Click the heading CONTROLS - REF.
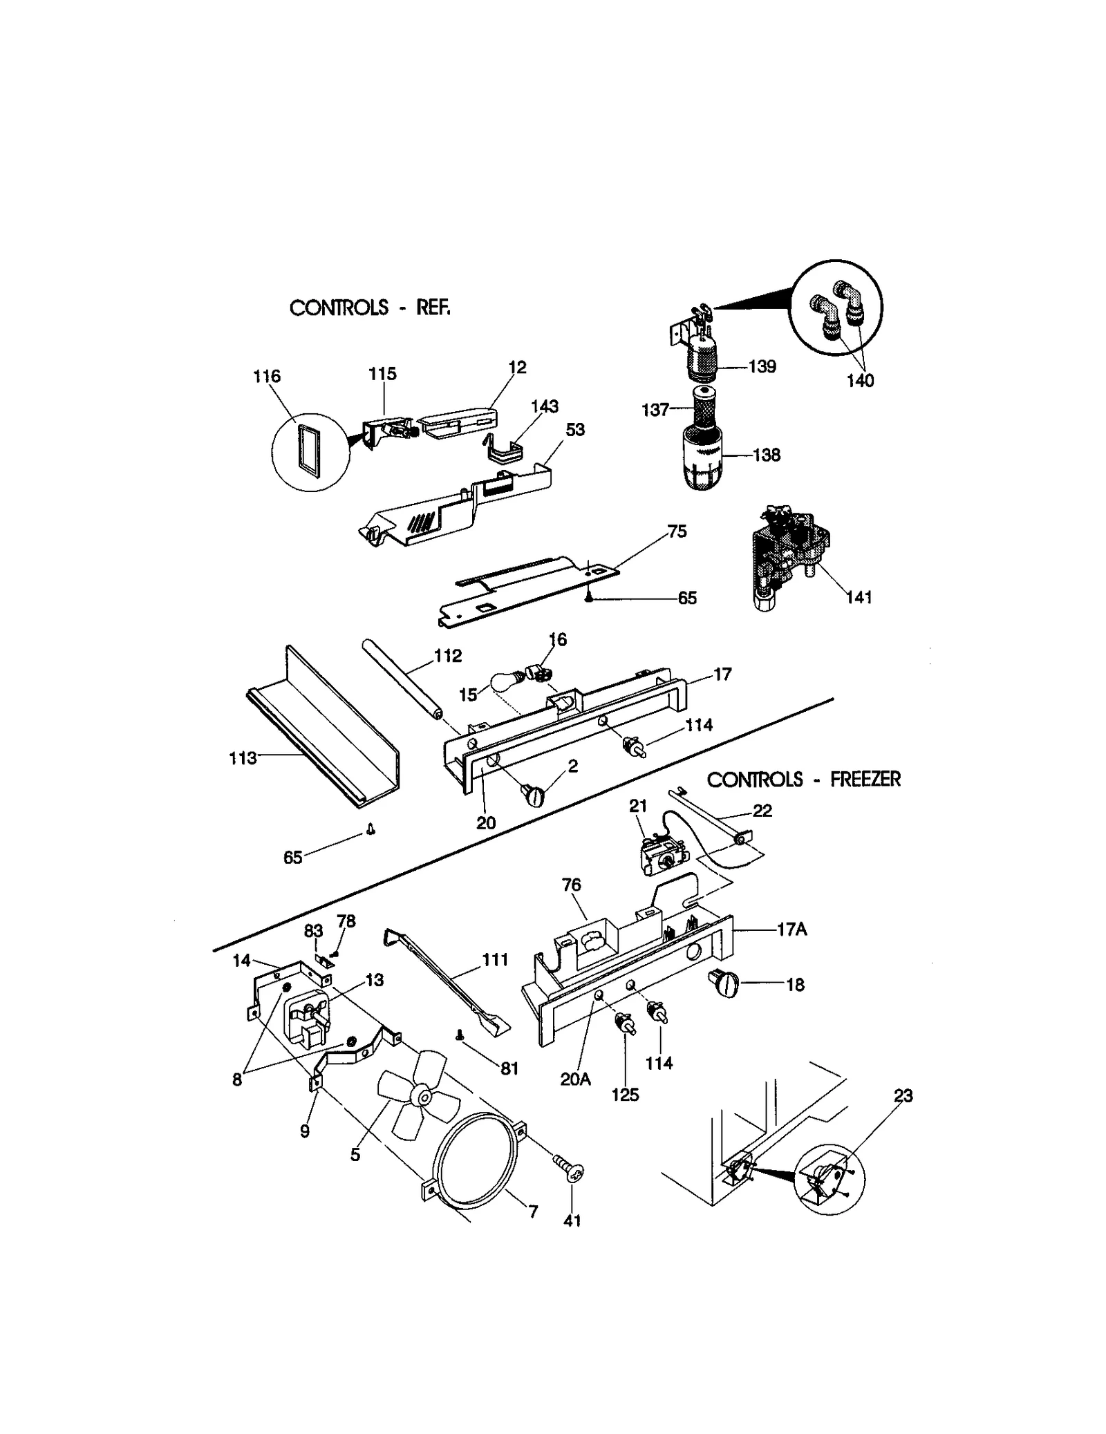[369, 308]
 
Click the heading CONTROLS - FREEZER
[803, 780]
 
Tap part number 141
[859, 597]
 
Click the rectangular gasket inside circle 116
[306, 452]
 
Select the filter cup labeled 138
[702, 459]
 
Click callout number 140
[860, 381]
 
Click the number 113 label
[243, 758]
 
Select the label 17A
[791, 930]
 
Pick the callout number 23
[903, 1095]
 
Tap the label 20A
[575, 1079]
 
